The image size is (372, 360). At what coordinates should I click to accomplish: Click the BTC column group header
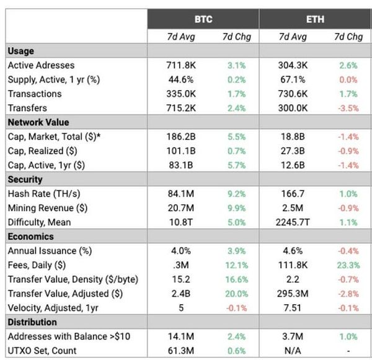point(203,19)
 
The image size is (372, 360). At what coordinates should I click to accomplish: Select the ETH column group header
point(315,19)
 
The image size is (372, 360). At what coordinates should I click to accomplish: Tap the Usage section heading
point(21,51)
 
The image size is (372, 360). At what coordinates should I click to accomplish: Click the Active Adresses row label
point(41,65)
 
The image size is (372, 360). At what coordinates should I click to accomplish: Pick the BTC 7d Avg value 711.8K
point(181,65)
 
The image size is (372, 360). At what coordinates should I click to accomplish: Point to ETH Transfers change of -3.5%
point(348,108)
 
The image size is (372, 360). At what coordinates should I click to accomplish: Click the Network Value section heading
point(38,122)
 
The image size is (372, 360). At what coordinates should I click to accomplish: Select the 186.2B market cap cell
point(181,137)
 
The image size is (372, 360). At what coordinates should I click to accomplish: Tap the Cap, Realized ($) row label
point(42,151)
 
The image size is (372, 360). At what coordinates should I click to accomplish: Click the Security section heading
point(25,179)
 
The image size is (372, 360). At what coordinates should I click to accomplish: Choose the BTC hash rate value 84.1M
point(181,194)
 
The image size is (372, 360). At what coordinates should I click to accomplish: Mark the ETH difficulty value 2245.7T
point(293,222)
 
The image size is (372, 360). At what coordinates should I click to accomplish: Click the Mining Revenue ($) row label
point(48,208)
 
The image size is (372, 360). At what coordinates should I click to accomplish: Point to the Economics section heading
point(31,236)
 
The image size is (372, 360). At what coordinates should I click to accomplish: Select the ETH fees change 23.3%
point(348,265)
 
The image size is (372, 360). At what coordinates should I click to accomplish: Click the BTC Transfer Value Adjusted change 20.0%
point(237,294)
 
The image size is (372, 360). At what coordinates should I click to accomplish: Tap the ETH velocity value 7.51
point(293,308)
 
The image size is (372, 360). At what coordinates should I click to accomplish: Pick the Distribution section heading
point(32,322)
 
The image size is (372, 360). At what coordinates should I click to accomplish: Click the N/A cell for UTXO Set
point(293,351)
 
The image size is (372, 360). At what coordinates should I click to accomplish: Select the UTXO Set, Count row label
point(42,351)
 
